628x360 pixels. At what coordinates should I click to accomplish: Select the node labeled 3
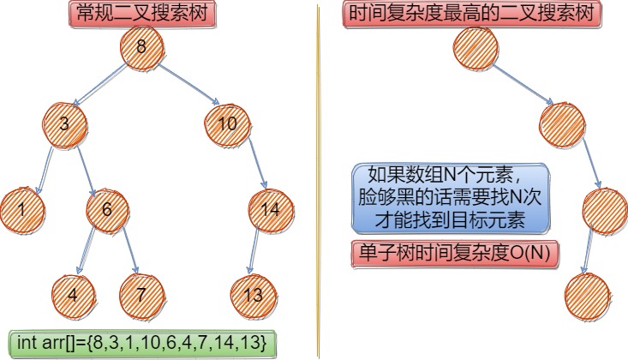(x=64, y=124)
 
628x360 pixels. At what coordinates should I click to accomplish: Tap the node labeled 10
(x=226, y=125)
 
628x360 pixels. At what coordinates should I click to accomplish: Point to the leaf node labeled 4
(x=73, y=295)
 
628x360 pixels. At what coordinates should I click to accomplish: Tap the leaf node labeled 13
(x=252, y=295)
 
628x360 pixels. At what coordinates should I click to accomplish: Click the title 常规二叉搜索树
(x=141, y=15)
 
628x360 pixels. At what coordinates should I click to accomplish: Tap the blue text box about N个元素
(x=451, y=198)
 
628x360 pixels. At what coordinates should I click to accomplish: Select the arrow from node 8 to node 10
(x=185, y=86)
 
